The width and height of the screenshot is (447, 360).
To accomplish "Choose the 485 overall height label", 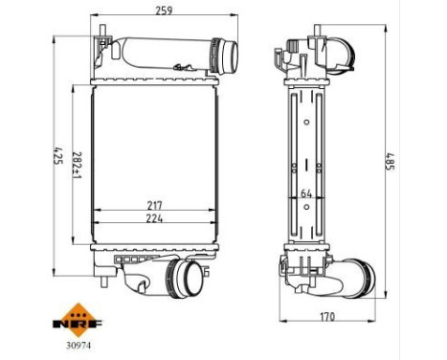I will coord(390,165).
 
